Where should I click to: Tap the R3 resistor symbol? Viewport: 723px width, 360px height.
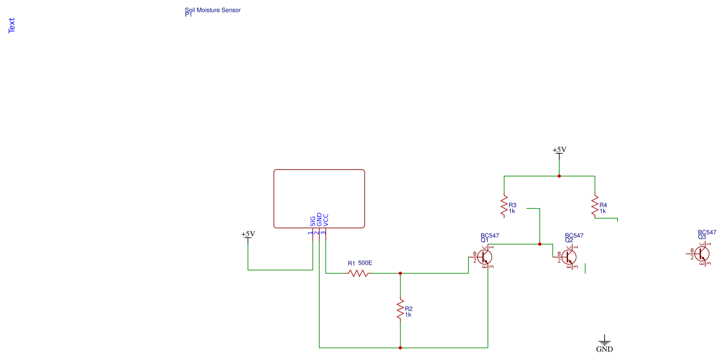[x=504, y=206]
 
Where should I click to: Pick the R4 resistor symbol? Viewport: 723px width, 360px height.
[x=595, y=206]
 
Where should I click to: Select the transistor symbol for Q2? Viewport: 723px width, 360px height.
[x=569, y=257]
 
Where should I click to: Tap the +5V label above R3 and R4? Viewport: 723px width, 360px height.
[x=559, y=150]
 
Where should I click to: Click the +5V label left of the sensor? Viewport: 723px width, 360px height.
[x=248, y=234]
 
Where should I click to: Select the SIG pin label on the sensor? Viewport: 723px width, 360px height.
[x=313, y=220]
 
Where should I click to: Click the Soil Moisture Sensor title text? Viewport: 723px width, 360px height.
[x=213, y=10]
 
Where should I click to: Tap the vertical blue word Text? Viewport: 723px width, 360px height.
[x=11, y=25]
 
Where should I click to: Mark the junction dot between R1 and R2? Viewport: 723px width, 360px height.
[x=400, y=273]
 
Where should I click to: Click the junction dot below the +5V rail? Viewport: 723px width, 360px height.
[x=559, y=176]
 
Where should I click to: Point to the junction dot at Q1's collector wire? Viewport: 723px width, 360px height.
[x=539, y=244]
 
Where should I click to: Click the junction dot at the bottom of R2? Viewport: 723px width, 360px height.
[x=400, y=348]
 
